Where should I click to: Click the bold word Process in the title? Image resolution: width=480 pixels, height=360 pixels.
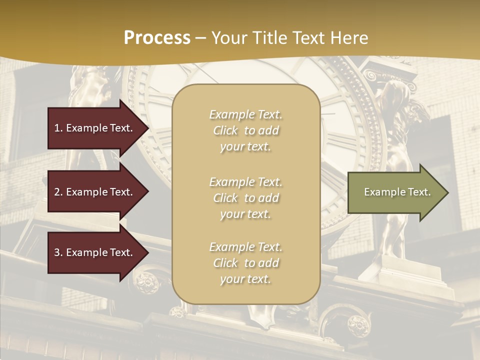click(x=157, y=38)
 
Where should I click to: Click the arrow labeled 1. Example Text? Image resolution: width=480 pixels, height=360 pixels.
click(x=95, y=128)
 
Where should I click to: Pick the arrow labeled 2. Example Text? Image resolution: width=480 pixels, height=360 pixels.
click(x=95, y=192)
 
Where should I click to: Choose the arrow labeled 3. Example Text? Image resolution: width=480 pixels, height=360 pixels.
click(x=95, y=252)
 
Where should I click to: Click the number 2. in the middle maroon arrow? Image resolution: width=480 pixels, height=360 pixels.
click(x=58, y=192)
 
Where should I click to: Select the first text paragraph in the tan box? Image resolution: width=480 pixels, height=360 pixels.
click(x=245, y=130)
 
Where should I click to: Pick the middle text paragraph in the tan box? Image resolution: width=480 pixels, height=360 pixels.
click(x=245, y=198)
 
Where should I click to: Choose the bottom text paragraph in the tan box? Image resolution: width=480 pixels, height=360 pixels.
click(x=245, y=263)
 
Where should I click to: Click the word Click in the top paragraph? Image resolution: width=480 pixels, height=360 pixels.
click(x=225, y=130)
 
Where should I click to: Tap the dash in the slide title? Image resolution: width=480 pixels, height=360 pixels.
click(x=201, y=38)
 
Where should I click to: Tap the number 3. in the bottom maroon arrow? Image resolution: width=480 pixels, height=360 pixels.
click(x=58, y=252)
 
